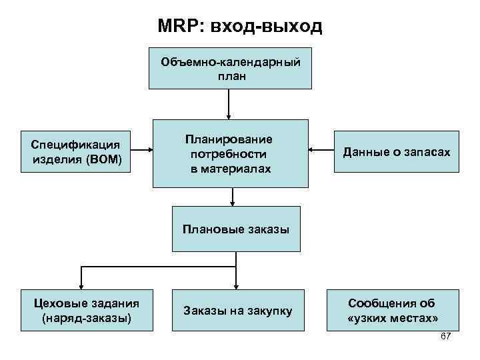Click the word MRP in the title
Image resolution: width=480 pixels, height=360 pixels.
(x=179, y=26)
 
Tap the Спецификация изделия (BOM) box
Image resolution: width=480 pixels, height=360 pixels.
(x=75, y=152)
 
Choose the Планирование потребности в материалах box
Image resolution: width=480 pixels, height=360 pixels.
(x=231, y=153)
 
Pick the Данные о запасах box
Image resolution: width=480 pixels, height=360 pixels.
(x=397, y=153)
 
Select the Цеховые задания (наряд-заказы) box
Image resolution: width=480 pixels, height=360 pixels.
(x=86, y=311)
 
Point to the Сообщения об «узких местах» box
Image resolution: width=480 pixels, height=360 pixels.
(x=392, y=311)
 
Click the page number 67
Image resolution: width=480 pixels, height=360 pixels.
(x=446, y=336)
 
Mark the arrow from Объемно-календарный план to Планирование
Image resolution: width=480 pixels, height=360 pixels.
(x=229, y=104)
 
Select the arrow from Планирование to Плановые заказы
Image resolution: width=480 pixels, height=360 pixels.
(x=233, y=197)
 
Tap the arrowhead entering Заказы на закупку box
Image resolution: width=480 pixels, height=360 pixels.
(x=235, y=285)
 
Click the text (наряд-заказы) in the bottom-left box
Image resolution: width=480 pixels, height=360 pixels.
(x=86, y=318)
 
